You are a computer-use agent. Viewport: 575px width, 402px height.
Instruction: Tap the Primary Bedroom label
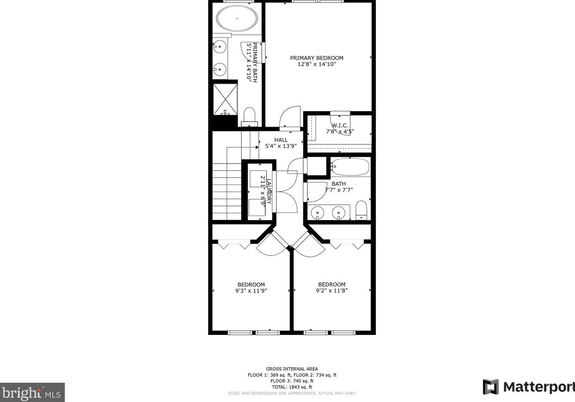pos(317,58)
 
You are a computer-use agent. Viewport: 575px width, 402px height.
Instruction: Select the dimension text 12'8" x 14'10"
pos(317,64)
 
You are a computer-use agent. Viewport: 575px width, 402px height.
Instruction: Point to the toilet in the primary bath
pos(249,115)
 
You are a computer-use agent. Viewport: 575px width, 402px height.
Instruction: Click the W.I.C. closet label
pos(340,126)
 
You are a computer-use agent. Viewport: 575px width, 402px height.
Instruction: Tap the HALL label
pos(281,140)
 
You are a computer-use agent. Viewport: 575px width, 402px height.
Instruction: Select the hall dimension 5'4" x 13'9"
pos(281,146)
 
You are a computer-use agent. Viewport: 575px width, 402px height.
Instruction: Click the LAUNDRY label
pos(269,191)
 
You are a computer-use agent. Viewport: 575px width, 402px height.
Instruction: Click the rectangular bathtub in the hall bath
pos(351,167)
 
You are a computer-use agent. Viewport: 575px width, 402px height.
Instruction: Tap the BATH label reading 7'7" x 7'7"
pos(339,184)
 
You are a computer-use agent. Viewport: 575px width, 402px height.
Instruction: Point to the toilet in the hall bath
pos(361,210)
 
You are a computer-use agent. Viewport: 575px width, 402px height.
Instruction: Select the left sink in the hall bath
pos(317,213)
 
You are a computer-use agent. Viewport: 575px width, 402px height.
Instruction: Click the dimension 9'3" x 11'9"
pos(251,291)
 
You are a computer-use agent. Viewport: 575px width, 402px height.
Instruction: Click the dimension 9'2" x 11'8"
pos(332,291)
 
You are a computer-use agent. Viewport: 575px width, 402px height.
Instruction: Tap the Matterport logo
pos(529,387)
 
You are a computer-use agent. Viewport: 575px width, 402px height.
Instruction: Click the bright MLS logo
pos(32,393)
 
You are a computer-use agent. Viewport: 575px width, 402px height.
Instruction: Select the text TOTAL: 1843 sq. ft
pos(292,387)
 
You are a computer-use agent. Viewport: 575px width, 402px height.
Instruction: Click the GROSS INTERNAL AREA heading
pos(292,369)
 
